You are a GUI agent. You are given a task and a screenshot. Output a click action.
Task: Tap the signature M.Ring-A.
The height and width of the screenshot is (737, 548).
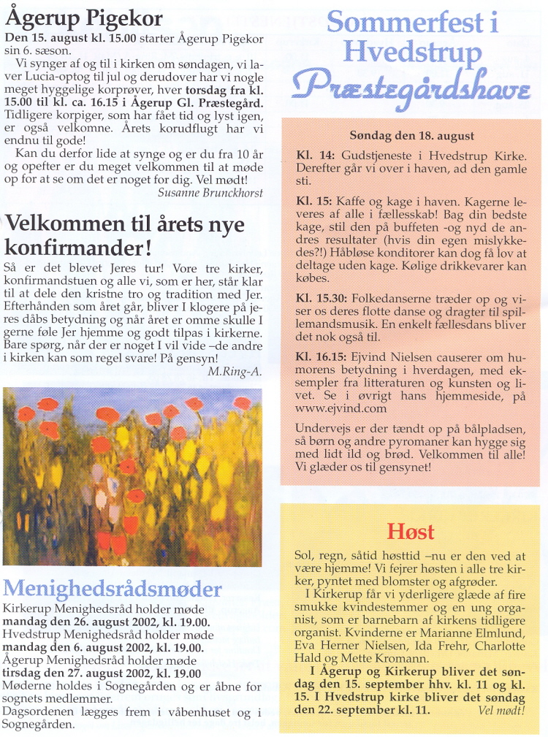(235, 371)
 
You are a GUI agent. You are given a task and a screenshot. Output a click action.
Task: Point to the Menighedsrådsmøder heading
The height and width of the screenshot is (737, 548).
(112, 589)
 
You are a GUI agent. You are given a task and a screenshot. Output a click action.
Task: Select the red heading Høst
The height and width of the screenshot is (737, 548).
(410, 531)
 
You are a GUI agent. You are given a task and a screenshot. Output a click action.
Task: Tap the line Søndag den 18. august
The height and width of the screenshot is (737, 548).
(412, 136)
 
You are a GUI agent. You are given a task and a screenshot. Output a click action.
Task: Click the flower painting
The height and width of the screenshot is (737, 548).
(132, 477)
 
